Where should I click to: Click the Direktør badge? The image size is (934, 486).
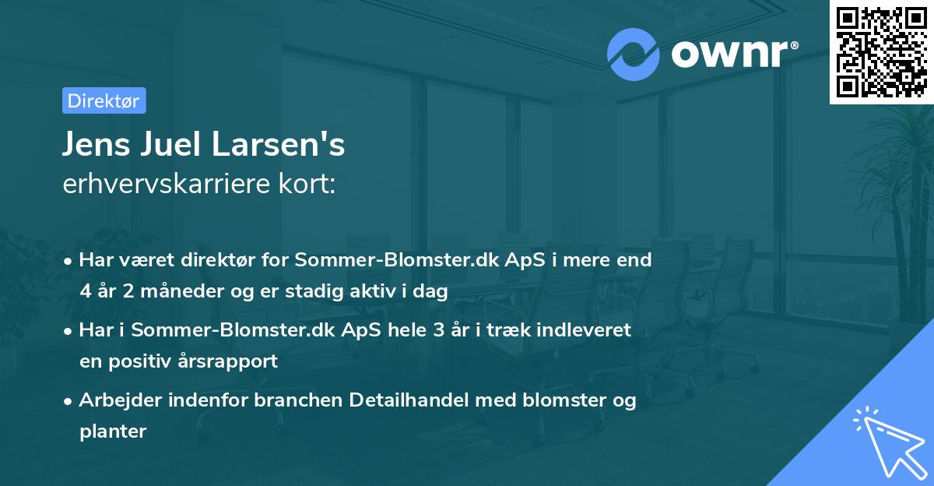pyautogui.click(x=104, y=100)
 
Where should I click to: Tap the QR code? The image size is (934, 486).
pyautogui.click(x=881, y=51)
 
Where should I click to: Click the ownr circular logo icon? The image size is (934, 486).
pyautogui.click(x=634, y=55)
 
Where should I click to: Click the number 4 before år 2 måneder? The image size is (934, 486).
pyautogui.click(x=85, y=292)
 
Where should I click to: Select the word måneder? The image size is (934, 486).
pyautogui.click(x=167, y=292)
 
